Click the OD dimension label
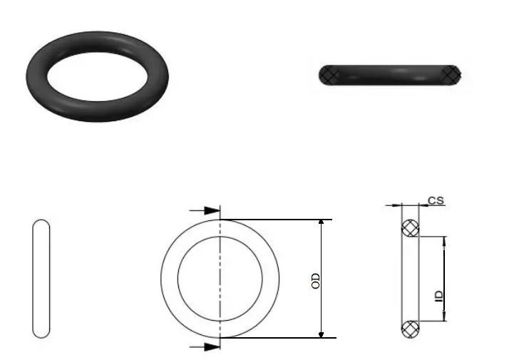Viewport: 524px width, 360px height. pos(315,281)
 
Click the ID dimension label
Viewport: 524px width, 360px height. pos(439,296)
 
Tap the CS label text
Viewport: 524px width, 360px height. pos(436,200)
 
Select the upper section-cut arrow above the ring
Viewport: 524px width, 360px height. pos(205,210)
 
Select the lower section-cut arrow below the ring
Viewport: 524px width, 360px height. pos(205,347)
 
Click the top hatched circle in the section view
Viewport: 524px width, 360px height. pos(410,228)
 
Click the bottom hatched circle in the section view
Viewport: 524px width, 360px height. pos(410,329)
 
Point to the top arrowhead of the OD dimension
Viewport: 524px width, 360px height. pos(321,222)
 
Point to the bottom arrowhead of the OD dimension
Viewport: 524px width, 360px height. pos(321,334)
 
